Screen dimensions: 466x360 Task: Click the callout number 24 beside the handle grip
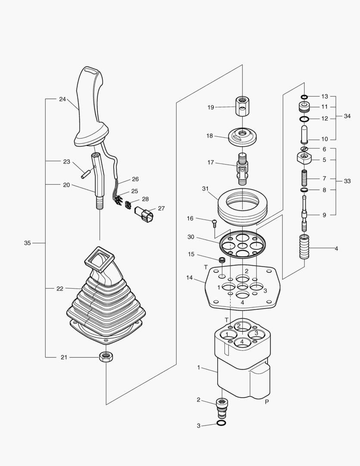63,99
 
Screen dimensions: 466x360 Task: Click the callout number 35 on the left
27,243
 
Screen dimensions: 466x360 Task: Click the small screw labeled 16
213,223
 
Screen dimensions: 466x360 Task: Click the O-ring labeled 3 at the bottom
221,424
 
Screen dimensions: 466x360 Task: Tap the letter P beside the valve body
267,401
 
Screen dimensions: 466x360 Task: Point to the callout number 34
347,116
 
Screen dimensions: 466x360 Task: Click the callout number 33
347,181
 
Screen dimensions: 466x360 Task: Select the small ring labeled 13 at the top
304,96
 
